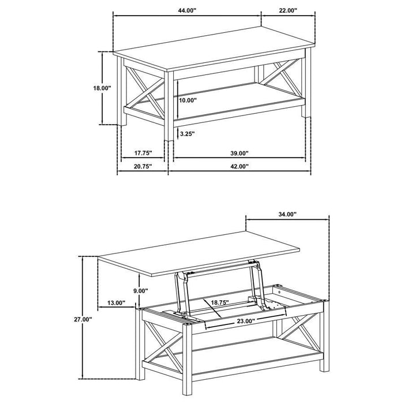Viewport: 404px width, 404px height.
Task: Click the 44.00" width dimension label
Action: (x=186, y=10)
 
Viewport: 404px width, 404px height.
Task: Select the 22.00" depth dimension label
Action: (x=287, y=10)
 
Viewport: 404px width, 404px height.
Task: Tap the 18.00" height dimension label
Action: (x=102, y=88)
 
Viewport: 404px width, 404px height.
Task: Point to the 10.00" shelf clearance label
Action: (x=188, y=100)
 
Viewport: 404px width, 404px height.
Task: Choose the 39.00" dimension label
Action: (x=239, y=154)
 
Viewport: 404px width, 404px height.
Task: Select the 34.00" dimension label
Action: (x=287, y=214)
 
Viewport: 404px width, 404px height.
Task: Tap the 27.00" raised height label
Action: (x=83, y=319)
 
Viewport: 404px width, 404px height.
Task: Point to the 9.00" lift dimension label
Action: (x=140, y=291)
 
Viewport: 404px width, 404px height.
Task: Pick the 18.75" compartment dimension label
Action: (x=219, y=302)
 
